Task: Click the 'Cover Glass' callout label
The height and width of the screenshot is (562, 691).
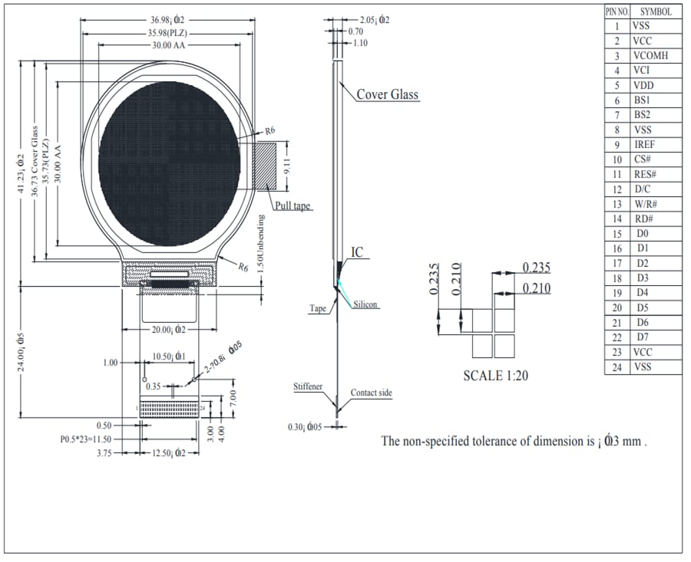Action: tap(387, 94)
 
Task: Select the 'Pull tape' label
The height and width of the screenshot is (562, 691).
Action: tap(293, 205)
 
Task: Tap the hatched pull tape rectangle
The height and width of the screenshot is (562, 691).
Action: tap(266, 165)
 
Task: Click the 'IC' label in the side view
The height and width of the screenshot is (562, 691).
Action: tap(357, 252)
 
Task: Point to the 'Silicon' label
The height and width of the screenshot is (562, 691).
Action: tap(366, 304)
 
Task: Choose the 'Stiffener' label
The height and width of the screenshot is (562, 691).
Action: tap(307, 387)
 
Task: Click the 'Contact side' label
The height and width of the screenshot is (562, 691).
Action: tap(371, 393)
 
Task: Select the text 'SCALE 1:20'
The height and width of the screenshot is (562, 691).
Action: tap(495, 376)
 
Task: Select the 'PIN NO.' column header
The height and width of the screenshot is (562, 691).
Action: tap(617, 12)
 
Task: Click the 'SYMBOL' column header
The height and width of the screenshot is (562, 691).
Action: tap(656, 12)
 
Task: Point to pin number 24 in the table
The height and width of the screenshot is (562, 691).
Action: tap(617, 367)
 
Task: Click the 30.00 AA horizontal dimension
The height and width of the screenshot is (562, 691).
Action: tap(168, 46)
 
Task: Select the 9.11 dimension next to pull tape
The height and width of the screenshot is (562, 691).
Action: tap(286, 165)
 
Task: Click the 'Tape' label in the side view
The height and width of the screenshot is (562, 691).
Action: tap(318, 308)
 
